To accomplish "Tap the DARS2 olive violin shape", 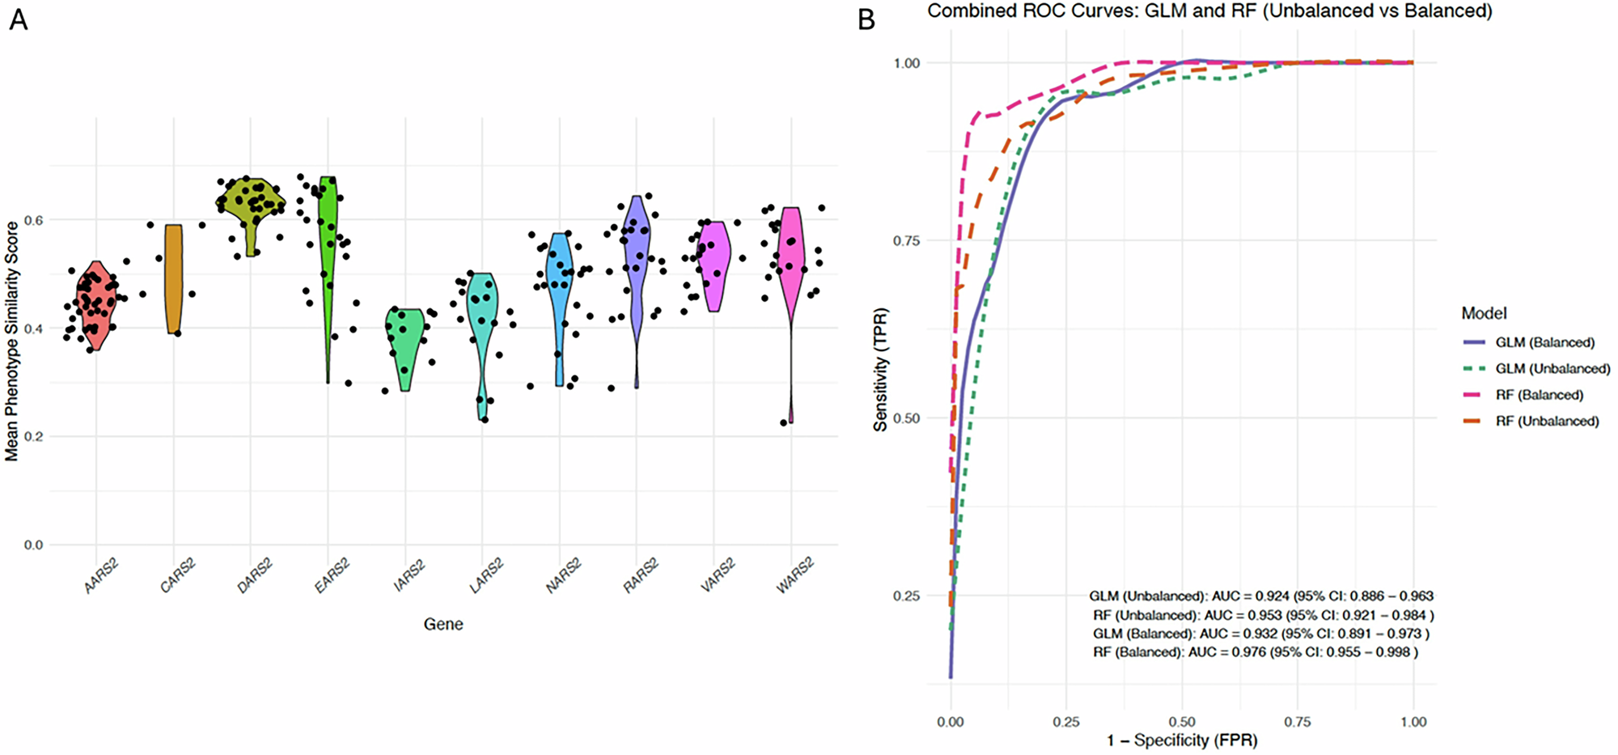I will tap(250, 206).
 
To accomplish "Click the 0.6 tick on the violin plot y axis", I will tap(33, 220).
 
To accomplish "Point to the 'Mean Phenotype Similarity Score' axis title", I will tap(11, 341).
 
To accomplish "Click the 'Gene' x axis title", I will tap(443, 624).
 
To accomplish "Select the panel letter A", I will tap(18, 19).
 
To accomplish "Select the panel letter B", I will tap(866, 19).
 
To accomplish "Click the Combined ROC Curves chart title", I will tap(1209, 11).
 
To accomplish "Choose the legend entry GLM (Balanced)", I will tap(1544, 342).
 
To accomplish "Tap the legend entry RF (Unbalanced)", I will tap(1547, 421).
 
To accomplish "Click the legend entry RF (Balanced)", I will tap(1539, 395).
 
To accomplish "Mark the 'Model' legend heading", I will tap(1484, 313).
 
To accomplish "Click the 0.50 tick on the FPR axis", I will tap(1182, 722).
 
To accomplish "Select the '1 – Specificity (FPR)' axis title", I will tap(1182, 740).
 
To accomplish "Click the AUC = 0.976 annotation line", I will tap(1255, 652).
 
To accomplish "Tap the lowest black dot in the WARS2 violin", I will tap(783, 422).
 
